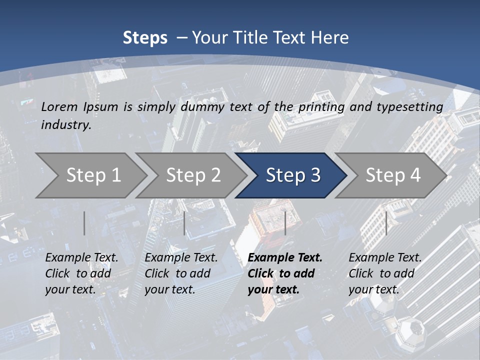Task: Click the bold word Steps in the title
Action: [145, 37]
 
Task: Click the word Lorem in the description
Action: [59, 106]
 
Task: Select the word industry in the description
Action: [66, 125]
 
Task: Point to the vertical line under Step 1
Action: [84, 223]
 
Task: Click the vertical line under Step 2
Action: [184, 223]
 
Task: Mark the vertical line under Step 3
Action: [285, 223]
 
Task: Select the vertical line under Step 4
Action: [386, 223]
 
